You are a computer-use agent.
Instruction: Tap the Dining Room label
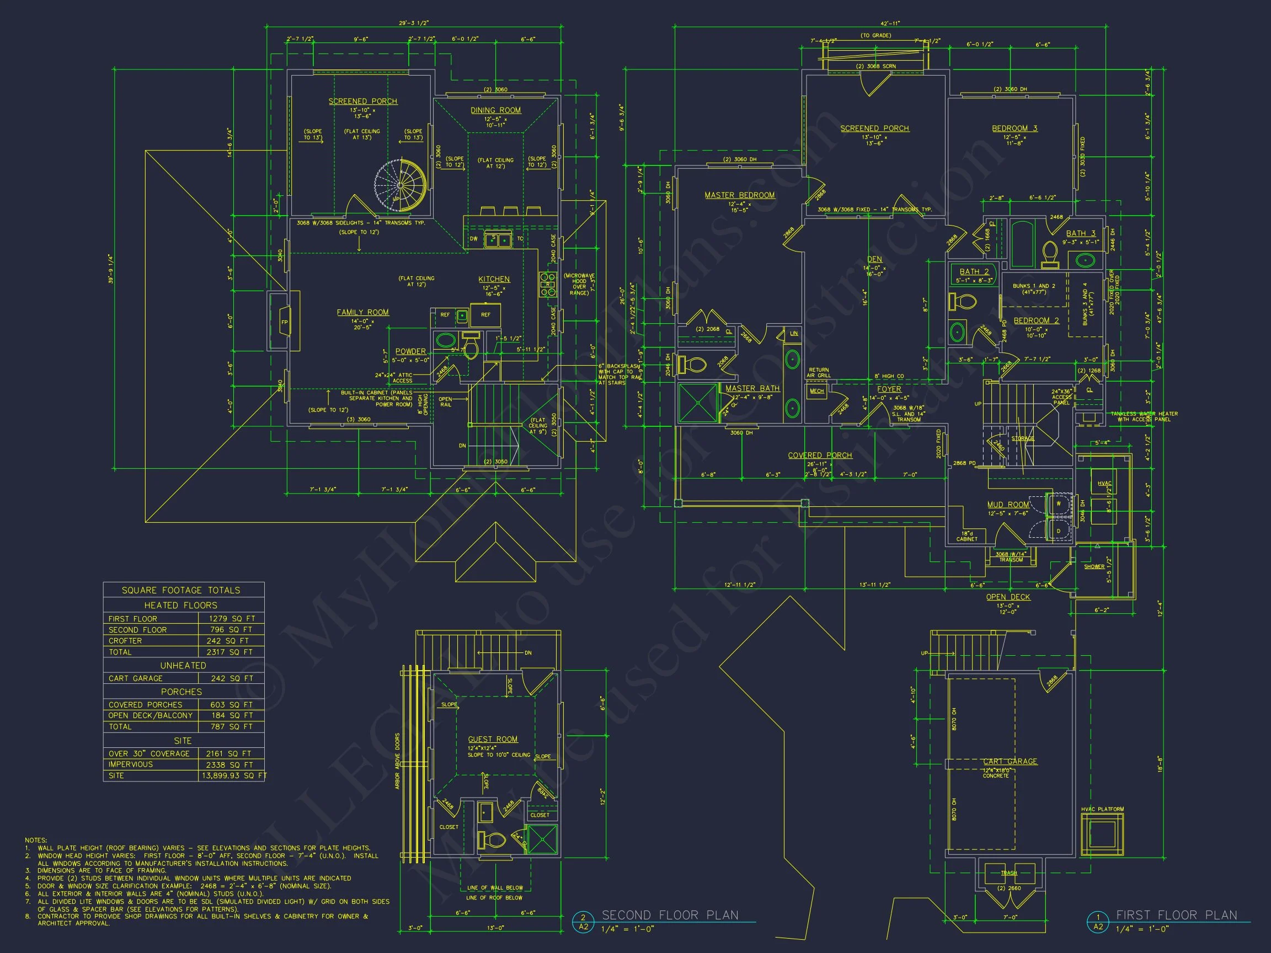point(495,110)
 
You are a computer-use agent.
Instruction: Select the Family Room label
point(362,313)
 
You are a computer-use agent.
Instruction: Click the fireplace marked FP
point(284,322)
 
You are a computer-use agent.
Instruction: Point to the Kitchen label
point(494,279)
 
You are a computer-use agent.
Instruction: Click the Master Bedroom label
point(740,195)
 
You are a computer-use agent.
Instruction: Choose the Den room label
point(874,260)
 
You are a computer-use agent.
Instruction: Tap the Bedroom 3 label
point(1014,129)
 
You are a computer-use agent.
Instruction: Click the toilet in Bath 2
point(964,301)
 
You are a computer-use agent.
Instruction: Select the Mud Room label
point(1008,505)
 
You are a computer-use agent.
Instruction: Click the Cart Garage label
point(1010,762)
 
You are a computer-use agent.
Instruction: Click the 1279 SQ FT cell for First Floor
point(231,619)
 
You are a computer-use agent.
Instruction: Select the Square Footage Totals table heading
point(181,591)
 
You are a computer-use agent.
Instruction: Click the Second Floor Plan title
point(669,915)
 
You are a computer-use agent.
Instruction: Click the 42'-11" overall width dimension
point(890,24)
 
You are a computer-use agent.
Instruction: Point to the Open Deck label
point(1008,597)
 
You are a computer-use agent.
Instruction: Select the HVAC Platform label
point(1102,810)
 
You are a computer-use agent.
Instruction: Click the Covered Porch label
point(819,456)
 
